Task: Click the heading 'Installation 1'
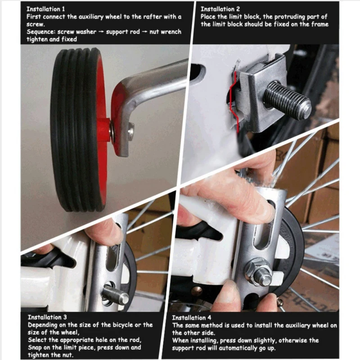(x=46, y=9)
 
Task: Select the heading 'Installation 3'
(x=47, y=317)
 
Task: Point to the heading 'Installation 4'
(x=193, y=317)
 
